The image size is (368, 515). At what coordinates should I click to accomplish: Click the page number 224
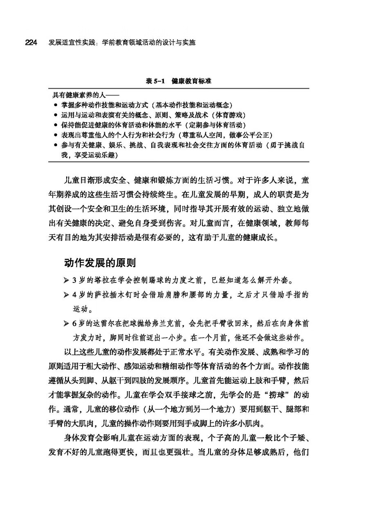[x=31, y=43]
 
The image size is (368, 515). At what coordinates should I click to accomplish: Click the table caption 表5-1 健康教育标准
[x=179, y=81]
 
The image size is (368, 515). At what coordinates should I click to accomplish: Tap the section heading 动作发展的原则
[x=100, y=262]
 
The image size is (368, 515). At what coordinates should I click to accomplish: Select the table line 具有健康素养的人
[x=83, y=95]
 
